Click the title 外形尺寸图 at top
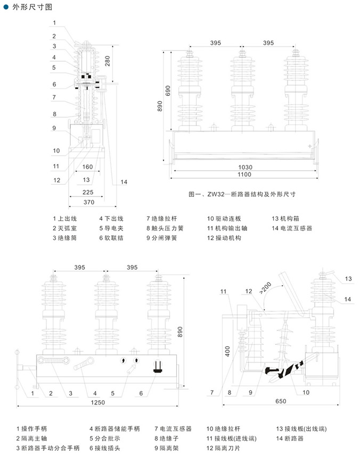click(32, 7)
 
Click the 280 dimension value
click(108, 61)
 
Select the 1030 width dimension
click(246, 167)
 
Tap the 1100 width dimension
click(244, 175)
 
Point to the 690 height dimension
click(168, 91)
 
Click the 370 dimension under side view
click(89, 202)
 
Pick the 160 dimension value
click(87, 167)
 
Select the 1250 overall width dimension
click(98, 402)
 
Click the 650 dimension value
click(281, 401)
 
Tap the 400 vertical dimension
click(227, 351)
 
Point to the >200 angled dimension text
click(265, 288)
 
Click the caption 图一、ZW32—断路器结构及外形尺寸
click(242, 194)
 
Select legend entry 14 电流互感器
click(292, 228)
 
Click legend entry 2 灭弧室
click(65, 228)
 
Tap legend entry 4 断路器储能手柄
click(114, 428)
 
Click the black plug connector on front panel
click(157, 366)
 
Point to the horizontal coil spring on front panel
click(54, 360)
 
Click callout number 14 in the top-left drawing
click(124, 182)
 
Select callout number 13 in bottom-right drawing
click(348, 278)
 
